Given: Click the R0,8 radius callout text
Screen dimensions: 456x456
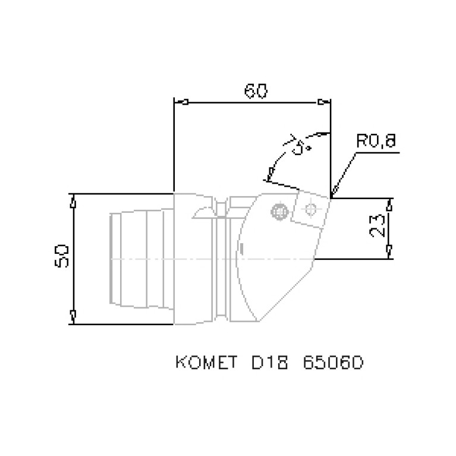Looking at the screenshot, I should (x=376, y=142).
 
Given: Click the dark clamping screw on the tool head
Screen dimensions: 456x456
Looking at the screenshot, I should (x=278, y=211).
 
